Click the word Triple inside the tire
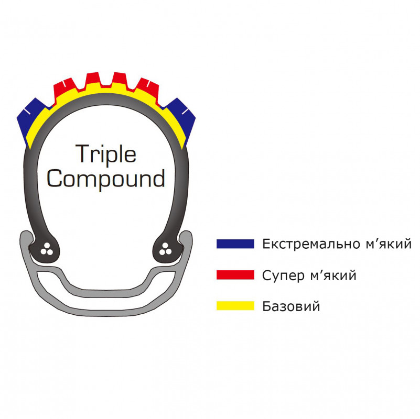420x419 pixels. (106, 154)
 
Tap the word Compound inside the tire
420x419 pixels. (106, 179)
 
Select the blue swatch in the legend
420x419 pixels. (235, 244)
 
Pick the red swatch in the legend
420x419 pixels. (235, 274)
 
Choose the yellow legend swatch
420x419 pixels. (235, 306)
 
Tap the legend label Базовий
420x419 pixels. (291, 306)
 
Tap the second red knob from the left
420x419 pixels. (93, 80)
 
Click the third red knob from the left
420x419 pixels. (119, 80)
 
